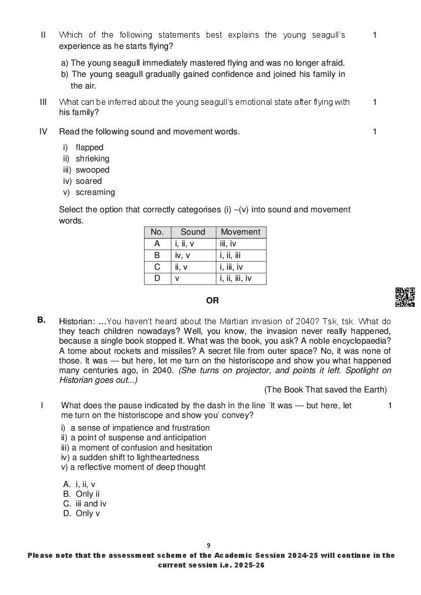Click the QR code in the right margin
(405, 297)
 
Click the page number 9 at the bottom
(208, 546)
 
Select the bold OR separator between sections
(212, 301)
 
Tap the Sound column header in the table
(193, 232)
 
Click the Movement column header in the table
(240, 232)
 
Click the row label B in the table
(157, 256)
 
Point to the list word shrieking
(92, 159)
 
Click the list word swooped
(92, 170)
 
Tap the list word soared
(89, 181)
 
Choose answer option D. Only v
(81, 514)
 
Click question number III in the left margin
(43, 102)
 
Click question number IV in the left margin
(43, 132)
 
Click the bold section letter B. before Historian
(41, 320)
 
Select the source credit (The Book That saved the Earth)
(325, 390)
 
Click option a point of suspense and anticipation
(138, 438)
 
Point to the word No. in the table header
(157, 232)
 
